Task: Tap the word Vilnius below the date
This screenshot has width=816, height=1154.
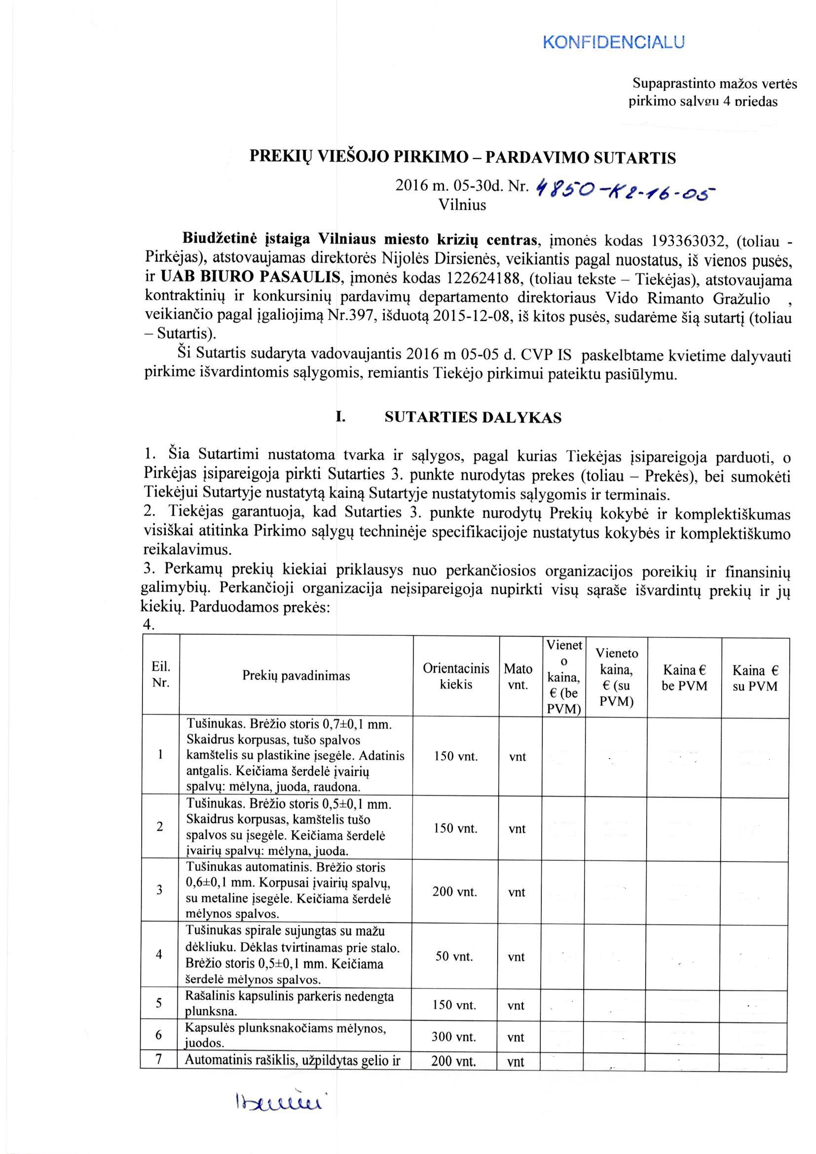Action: click(462, 205)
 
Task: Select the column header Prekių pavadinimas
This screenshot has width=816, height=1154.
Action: click(296, 676)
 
